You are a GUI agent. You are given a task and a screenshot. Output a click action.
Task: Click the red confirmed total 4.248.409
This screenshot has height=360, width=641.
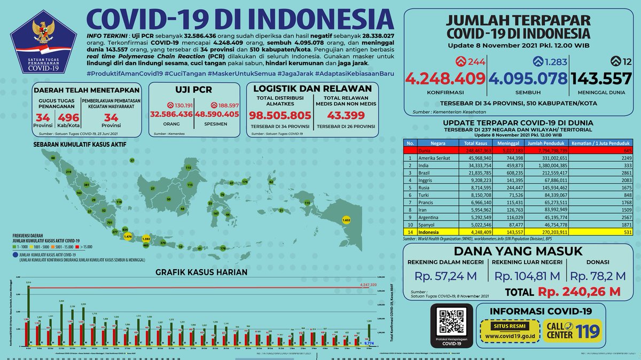click(x=445, y=79)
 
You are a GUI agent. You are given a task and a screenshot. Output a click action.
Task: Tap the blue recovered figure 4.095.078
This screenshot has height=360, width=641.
click(x=529, y=79)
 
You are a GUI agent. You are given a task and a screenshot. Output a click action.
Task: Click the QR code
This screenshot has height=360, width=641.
click(x=452, y=324)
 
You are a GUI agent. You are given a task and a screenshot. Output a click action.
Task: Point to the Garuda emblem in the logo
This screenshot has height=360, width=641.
click(x=41, y=30)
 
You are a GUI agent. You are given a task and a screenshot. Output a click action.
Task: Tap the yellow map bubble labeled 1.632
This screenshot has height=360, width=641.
click(x=346, y=220)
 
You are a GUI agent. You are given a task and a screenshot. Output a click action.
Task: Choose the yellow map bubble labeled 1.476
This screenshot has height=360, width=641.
click(x=127, y=236)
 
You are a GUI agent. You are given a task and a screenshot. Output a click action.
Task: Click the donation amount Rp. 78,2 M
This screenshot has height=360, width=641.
click(x=598, y=276)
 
